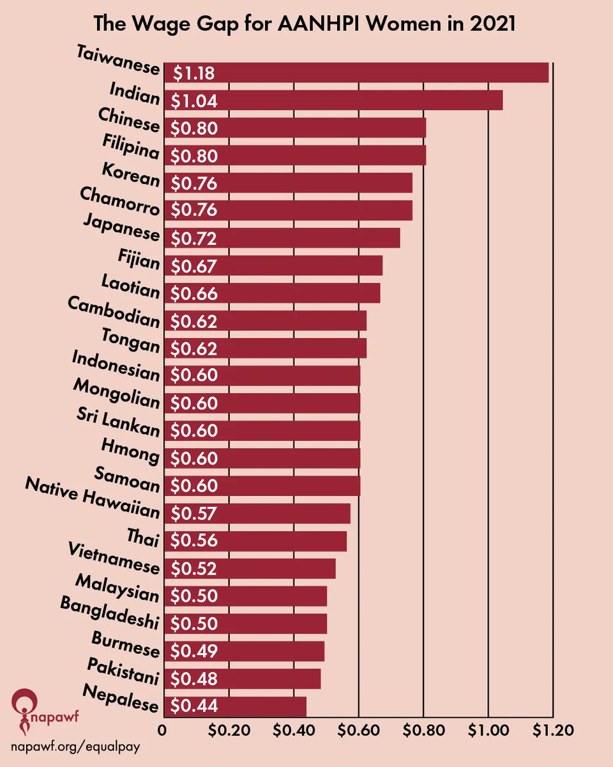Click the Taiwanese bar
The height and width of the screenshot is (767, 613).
(356, 73)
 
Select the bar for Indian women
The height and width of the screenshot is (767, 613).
(333, 100)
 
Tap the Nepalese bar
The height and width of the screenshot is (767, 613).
(234, 706)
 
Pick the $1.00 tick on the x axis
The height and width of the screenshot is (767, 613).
(487, 729)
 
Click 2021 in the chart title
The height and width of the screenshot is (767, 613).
(493, 25)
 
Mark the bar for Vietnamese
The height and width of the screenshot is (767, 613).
(249, 568)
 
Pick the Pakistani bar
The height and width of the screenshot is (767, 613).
(242, 678)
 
